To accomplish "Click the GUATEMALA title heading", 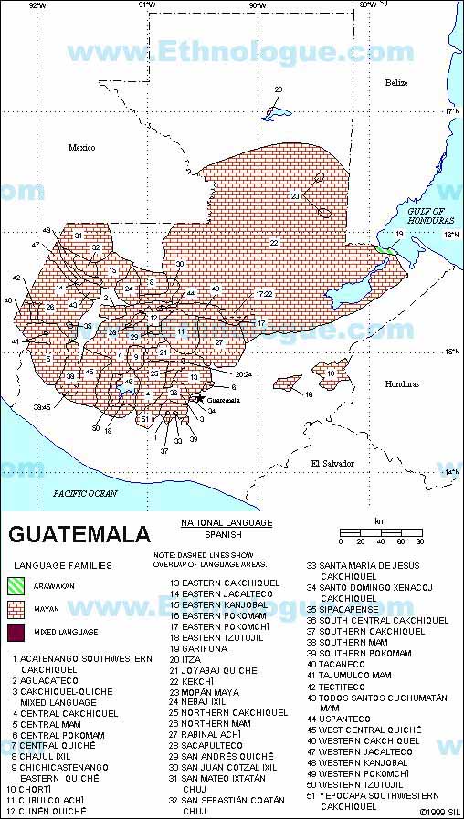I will pyautogui.click(x=79, y=533).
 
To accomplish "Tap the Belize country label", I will pyautogui.click(x=395, y=83).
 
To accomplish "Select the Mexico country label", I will pyautogui.click(x=81, y=147).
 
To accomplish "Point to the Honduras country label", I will pyautogui.click(x=399, y=384).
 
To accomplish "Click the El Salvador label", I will pyautogui.click(x=332, y=464).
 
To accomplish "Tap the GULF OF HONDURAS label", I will pyautogui.click(x=425, y=216).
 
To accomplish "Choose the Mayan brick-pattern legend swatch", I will pyautogui.click(x=18, y=609).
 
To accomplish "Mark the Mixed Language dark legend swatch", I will pyautogui.click(x=18, y=631).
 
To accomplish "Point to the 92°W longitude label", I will pyautogui.click(x=37, y=5).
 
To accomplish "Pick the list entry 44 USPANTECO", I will pyautogui.click(x=344, y=719).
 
